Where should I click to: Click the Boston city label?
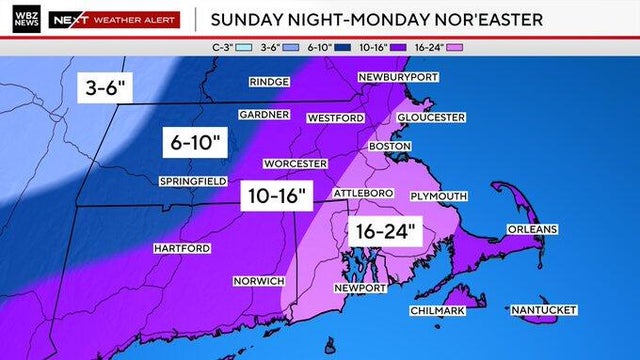click(390, 146)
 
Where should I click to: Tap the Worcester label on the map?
click(295, 163)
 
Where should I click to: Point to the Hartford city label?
click(181, 247)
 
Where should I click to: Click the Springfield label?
click(193, 181)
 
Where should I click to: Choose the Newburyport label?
click(398, 77)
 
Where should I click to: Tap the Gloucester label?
click(431, 117)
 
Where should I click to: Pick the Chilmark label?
click(437, 312)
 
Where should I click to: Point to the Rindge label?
click(270, 81)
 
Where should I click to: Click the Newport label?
click(360, 288)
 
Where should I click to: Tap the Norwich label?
click(259, 281)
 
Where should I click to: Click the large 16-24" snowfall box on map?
click(385, 232)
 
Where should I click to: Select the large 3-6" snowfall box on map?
click(105, 88)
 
